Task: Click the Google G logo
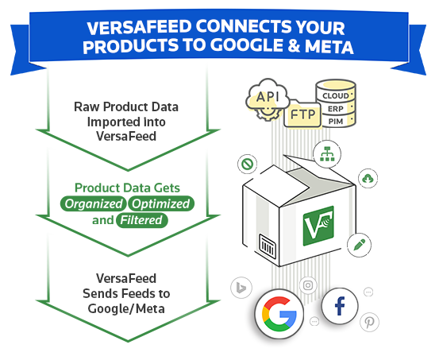click(279, 314)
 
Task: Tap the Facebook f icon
click(340, 306)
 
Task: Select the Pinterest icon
click(369, 323)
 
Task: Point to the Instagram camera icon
click(308, 285)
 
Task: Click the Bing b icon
click(241, 288)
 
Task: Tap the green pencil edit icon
click(359, 245)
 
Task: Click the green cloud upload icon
click(368, 178)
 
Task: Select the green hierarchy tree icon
click(327, 154)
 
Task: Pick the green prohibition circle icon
click(248, 164)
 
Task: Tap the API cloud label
click(268, 97)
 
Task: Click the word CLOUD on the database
click(336, 96)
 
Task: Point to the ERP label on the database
click(336, 109)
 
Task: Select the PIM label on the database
click(336, 122)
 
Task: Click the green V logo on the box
click(318, 226)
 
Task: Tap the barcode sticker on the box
click(268, 246)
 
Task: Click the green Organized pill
click(94, 203)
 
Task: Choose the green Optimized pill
click(161, 203)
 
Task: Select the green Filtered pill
click(141, 220)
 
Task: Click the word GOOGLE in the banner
click(246, 46)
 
